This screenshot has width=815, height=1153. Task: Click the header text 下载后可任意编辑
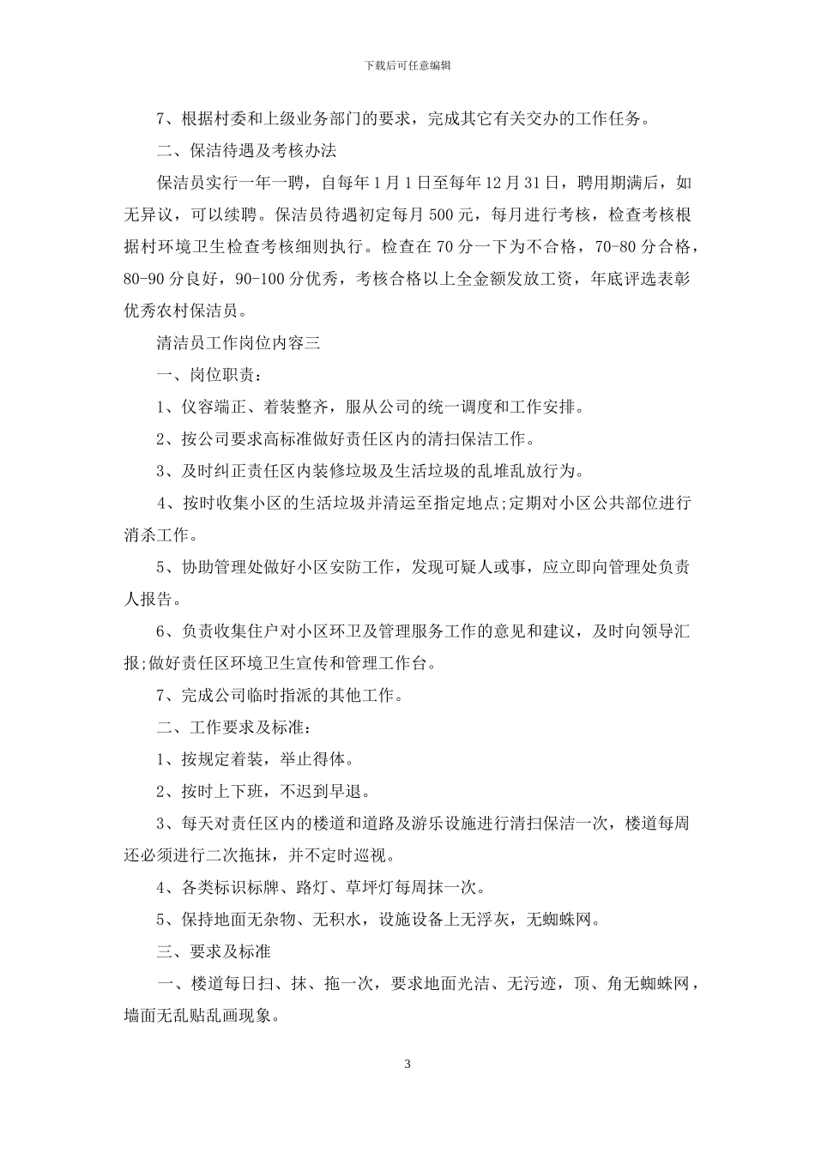(407, 65)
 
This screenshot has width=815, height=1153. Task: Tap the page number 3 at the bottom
(407, 1065)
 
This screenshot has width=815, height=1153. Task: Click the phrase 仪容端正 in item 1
(213, 407)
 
